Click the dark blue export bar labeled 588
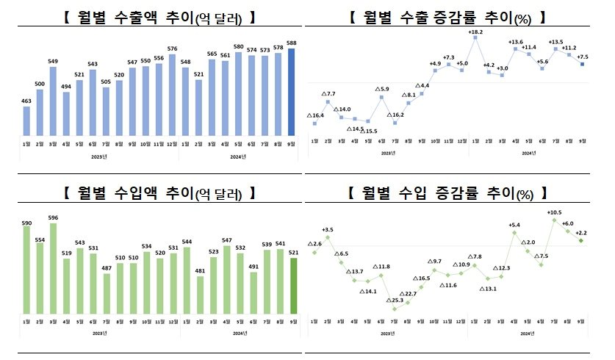[x=292, y=92]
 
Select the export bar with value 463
[x=27, y=121]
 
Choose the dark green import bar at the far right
[x=292, y=287]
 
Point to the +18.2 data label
[x=476, y=32]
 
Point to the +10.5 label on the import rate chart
[x=554, y=212]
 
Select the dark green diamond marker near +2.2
[x=580, y=240]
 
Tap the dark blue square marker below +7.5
[x=581, y=65]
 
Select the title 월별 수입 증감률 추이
[x=447, y=193]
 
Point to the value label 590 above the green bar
[x=27, y=221]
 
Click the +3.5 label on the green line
[x=328, y=230]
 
